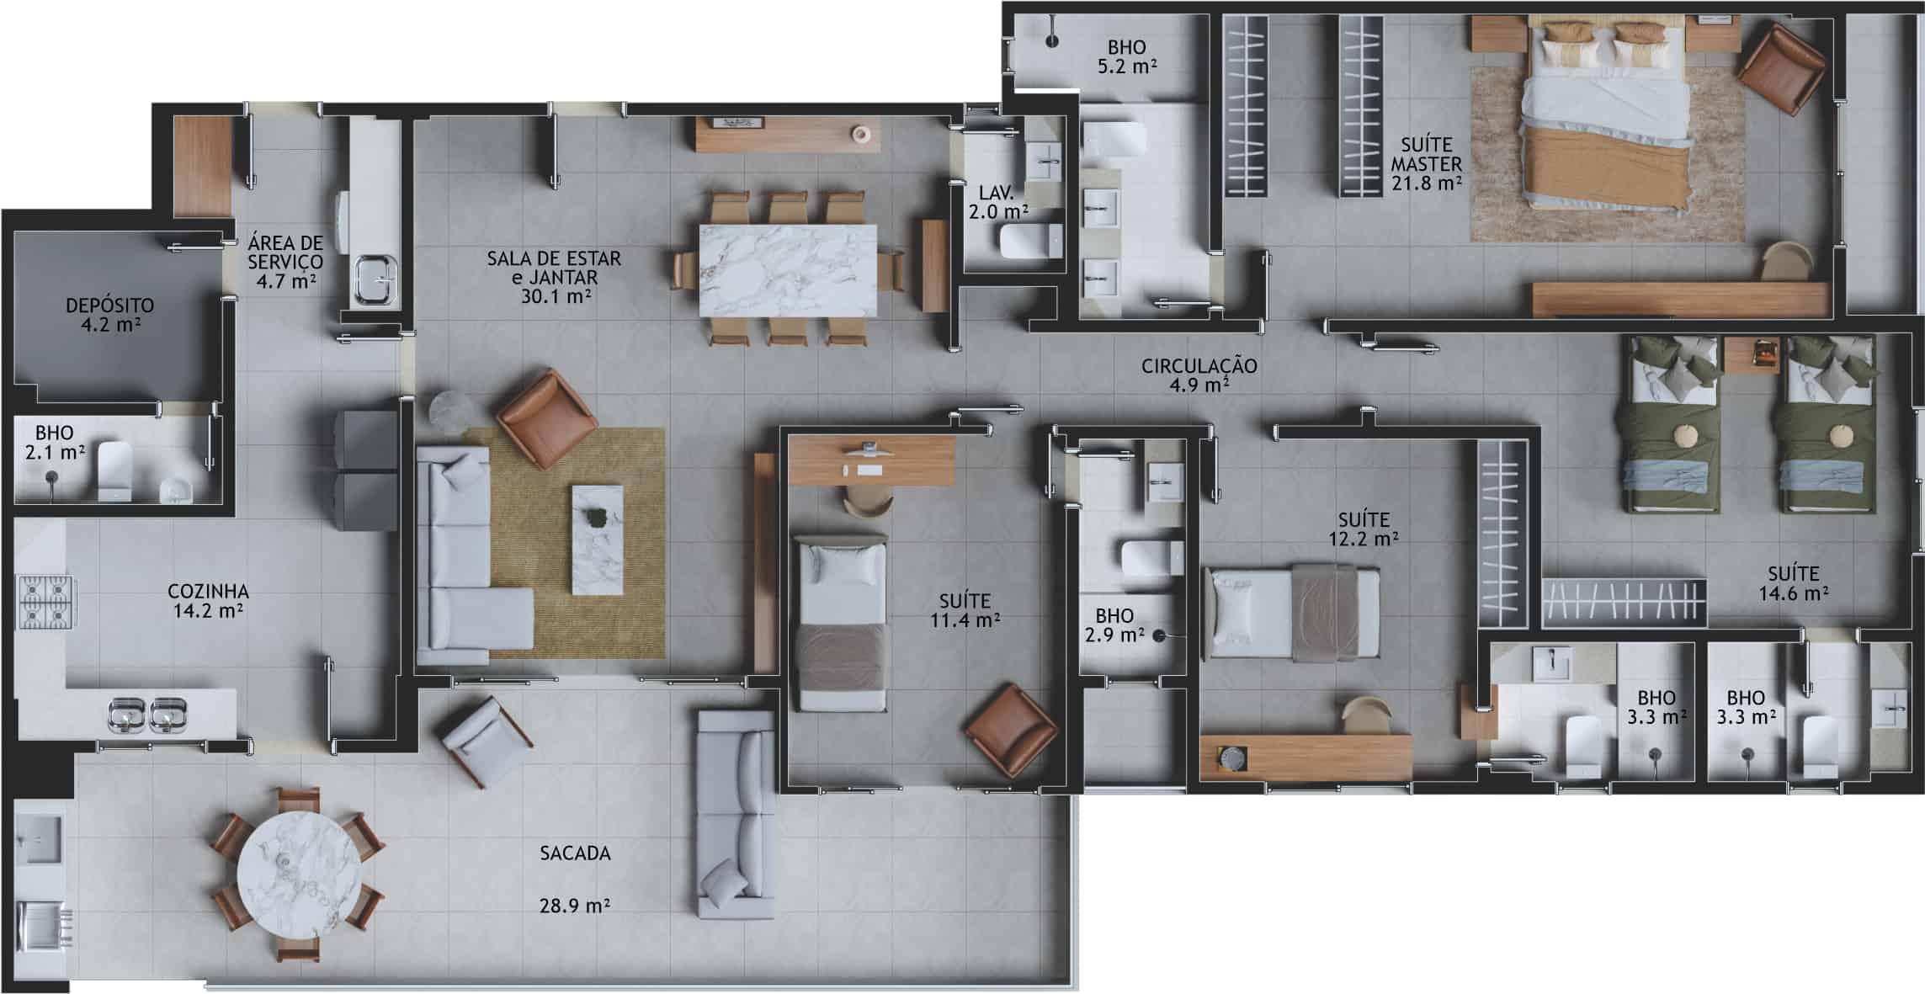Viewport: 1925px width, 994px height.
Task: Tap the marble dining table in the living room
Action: [788, 270]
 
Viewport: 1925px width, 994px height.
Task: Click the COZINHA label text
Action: [208, 592]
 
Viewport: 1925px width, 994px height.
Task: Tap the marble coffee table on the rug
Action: [598, 540]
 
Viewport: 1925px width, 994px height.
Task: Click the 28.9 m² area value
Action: [575, 906]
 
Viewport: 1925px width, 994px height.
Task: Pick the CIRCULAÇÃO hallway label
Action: [1199, 366]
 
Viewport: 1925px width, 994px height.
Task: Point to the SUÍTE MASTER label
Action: [1426, 155]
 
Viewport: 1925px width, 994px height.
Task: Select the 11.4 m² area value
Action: [965, 622]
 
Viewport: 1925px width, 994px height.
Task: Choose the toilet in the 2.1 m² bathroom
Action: [115, 471]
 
